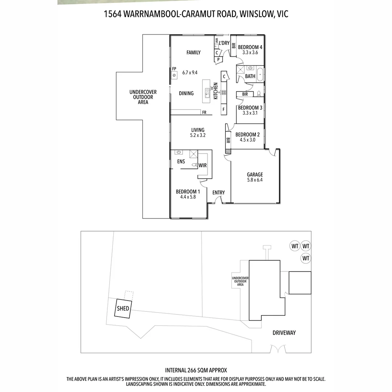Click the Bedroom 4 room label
(x=250, y=47)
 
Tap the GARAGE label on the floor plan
(x=255, y=175)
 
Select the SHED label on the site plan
(x=123, y=309)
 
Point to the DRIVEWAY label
(x=284, y=332)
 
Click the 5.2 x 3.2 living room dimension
(x=198, y=135)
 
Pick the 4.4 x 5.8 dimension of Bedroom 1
(x=188, y=197)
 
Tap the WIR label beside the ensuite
(x=203, y=166)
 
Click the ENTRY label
(x=219, y=193)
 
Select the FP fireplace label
(x=174, y=69)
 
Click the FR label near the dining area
(x=204, y=113)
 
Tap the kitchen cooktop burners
(x=224, y=92)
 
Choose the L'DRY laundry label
(x=224, y=43)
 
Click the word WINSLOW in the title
(x=255, y=14)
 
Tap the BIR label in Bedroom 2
(x=228, y=140)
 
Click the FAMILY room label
(x=193, y=53)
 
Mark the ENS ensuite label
(x=181, y=162)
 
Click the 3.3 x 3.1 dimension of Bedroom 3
(x=250, y=113)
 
